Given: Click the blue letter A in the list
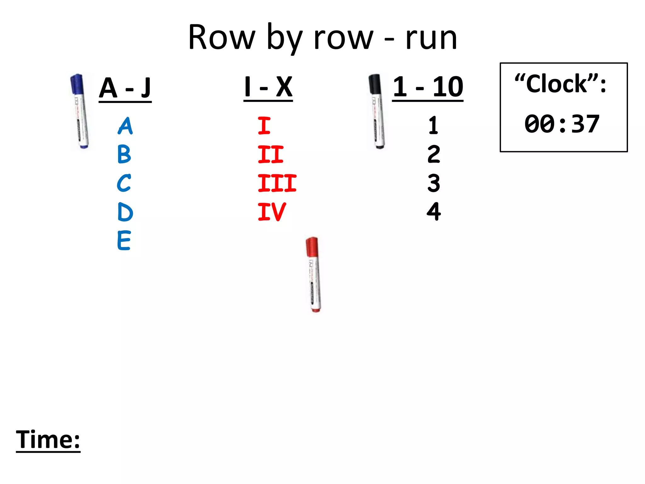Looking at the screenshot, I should [x=125, y=126].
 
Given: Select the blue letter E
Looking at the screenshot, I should [x=124, y=240].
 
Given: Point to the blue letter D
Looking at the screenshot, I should [x=125, y=212].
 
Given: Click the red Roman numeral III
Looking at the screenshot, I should [x=277, y=183].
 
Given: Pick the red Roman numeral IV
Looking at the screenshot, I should [x=272, y=212].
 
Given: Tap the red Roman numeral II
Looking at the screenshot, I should [x=271, y=154].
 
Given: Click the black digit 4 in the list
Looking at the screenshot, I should [x=434, y=211].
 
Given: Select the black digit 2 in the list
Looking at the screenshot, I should [x=434, y=154].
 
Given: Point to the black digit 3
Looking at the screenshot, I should [x=434, y=183].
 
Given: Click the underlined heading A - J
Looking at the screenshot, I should [x=125, y=88].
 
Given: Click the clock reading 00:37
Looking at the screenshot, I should [x=562, y=124].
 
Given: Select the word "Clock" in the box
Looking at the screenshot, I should [x=557, y=84].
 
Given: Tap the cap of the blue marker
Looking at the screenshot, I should [x=77, y=84].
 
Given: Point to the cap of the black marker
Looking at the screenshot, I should [x=374, y=84].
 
